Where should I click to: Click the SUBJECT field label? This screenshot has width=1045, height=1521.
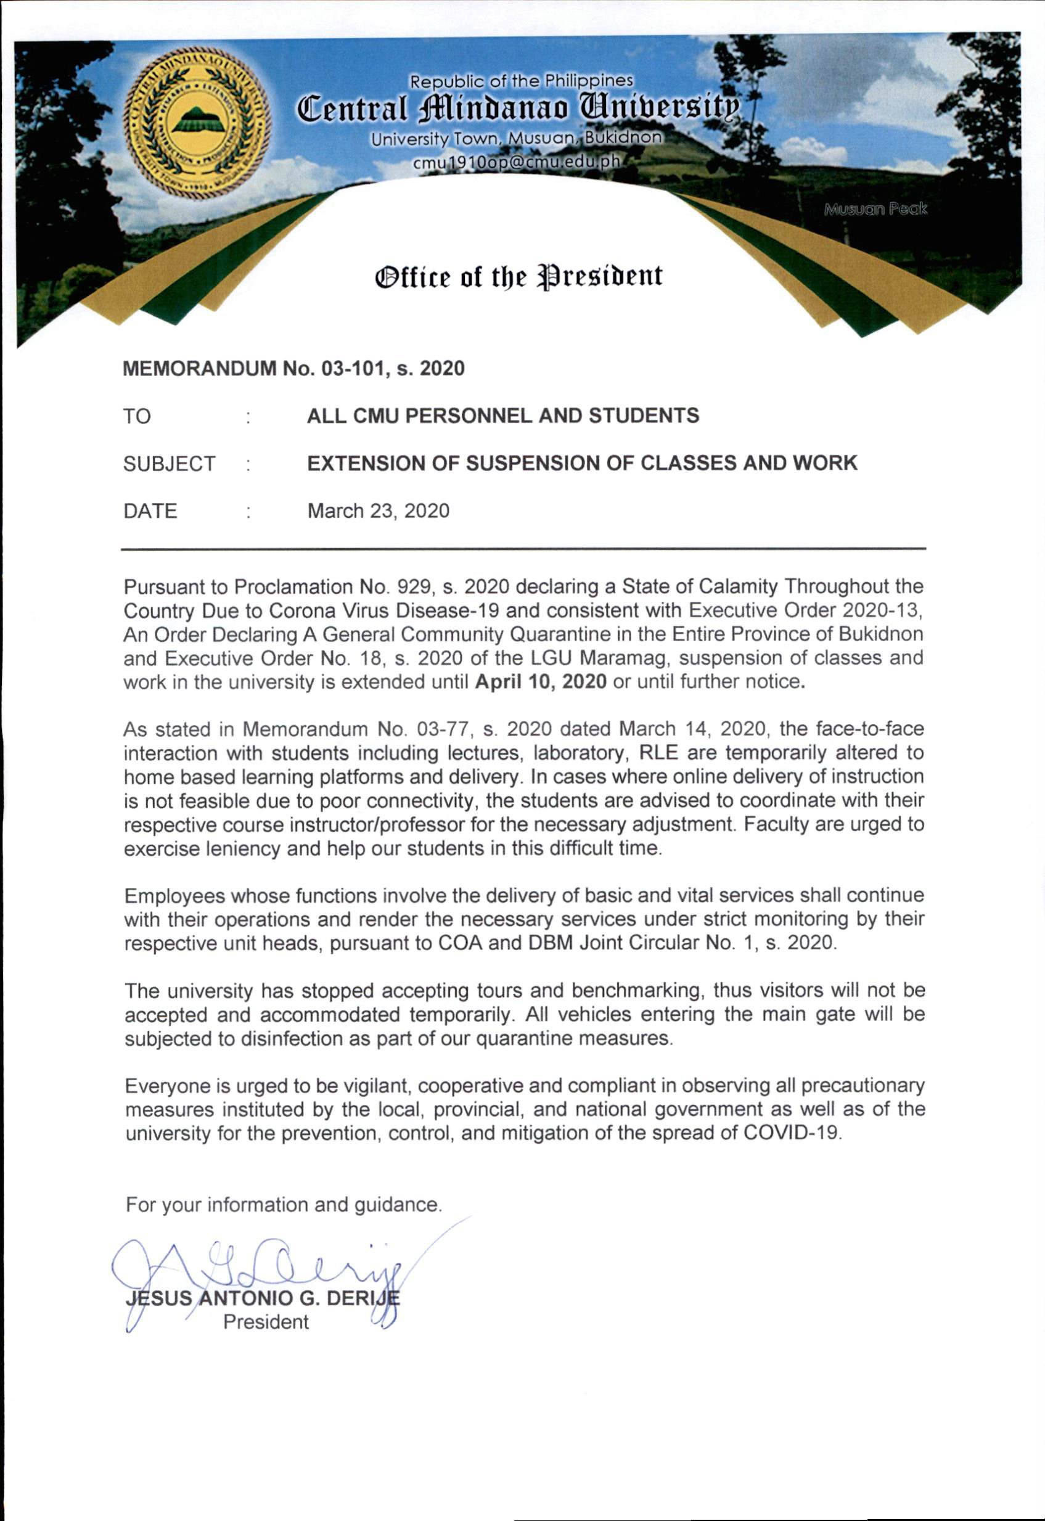[x=169, y=464]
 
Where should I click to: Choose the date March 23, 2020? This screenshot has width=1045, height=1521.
[x=379, y=510]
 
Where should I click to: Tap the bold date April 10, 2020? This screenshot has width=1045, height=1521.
[x=541, y=682]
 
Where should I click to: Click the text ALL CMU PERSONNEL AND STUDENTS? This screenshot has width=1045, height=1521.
[x=503, y=416]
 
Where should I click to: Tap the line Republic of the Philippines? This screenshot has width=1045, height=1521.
[x=521, y=81]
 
